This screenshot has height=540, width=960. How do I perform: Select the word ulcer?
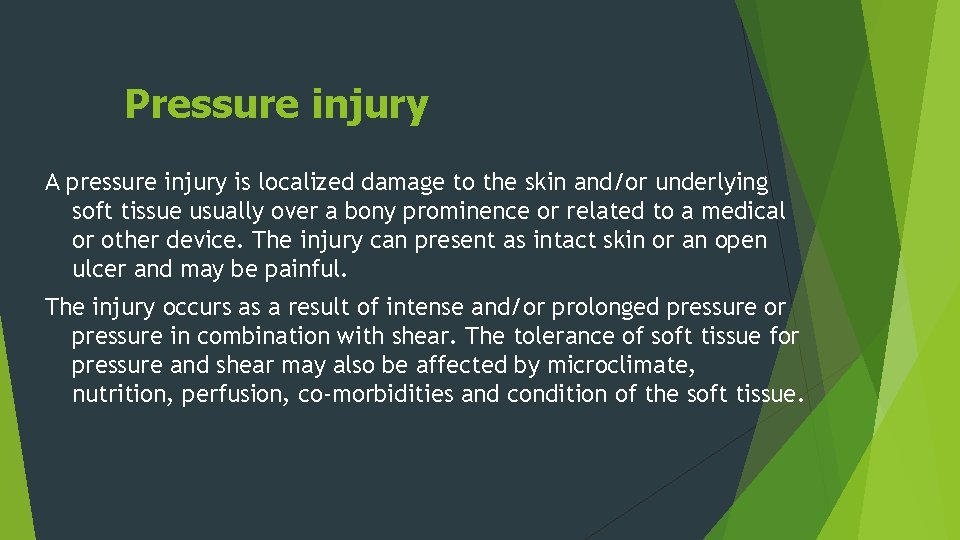97,270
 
